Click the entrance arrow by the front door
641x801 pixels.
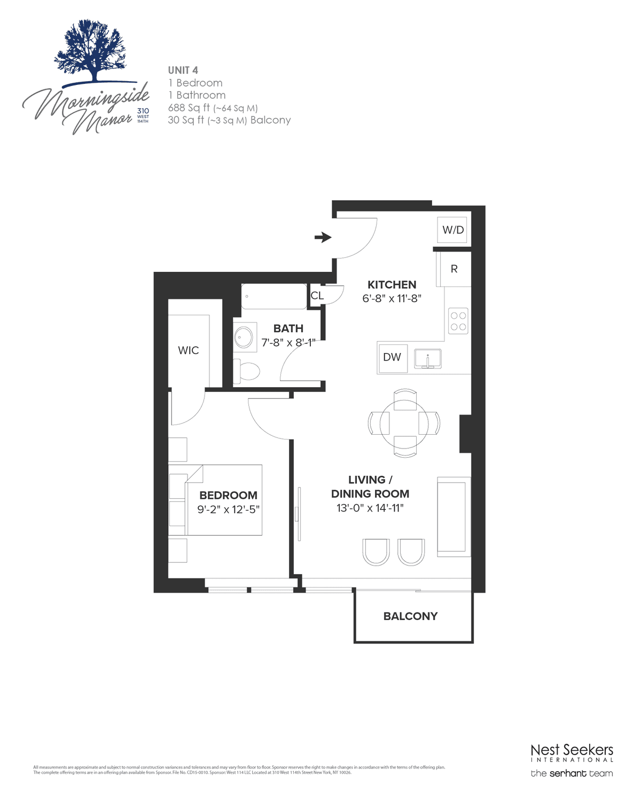(323, 237)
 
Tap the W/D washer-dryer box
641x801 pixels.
(452, 230)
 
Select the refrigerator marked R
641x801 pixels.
(454, 269)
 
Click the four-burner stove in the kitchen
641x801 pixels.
(458, 321)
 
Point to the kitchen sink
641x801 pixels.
(427, 358)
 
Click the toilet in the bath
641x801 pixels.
(247, 371)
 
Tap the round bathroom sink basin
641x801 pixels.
(244, 337)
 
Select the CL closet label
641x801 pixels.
(317, 295)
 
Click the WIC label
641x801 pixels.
(189, 350)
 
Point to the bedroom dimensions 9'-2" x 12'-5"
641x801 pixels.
(228, 509)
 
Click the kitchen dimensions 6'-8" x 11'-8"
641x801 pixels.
(392, 299)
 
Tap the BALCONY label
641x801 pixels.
(410, 616)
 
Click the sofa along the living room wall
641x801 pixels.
(454, 517)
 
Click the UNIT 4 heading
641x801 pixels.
(183, 70)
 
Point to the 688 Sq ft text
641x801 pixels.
(189, 108)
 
